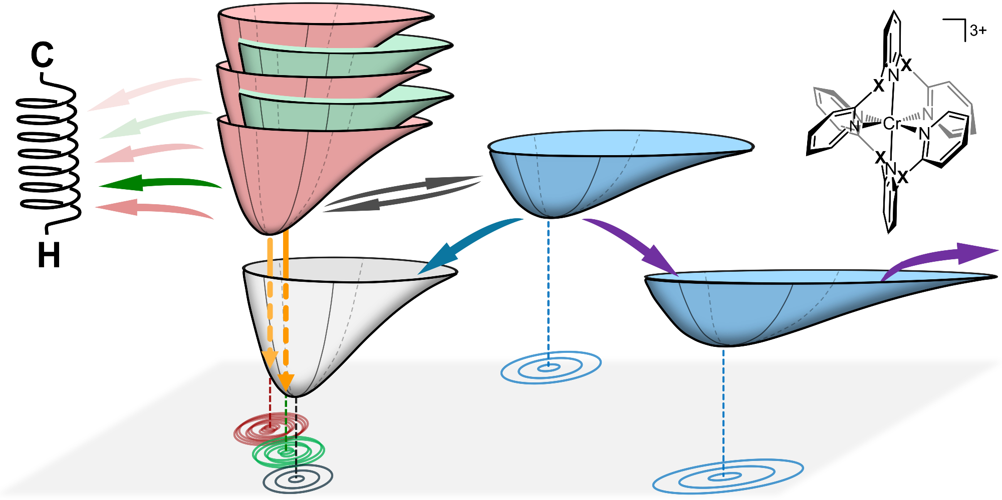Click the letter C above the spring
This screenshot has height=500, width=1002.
click(42, 55)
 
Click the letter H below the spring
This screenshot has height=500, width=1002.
click(49, 255)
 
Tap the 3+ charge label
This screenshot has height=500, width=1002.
click(978, 31)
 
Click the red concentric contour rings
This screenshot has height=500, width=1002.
click(271, 429)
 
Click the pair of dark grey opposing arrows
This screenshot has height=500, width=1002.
click(401, 194)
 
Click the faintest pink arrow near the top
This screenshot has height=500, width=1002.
click(145, 93)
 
